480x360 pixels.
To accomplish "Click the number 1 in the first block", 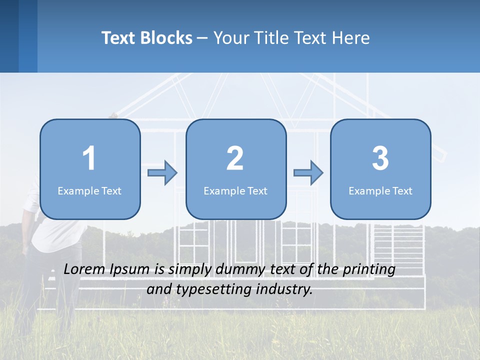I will click(x=89, y=158).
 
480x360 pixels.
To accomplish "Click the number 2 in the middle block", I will click(x=235, y=158).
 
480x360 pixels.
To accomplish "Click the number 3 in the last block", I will click(x=380, y=158).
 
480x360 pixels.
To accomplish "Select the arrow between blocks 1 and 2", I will click(x=162, y=173).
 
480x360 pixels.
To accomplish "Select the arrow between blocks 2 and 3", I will click(x=308, y=173).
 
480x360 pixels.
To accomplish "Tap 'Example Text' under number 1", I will click(x=89, y=190).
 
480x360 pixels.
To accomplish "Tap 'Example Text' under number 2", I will click(x=235, y=190).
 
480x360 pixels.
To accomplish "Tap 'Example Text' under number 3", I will click(x=380, y=190).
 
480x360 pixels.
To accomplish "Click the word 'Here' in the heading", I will click(x=351, y=38).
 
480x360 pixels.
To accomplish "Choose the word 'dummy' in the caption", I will click(x=237, y=269).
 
